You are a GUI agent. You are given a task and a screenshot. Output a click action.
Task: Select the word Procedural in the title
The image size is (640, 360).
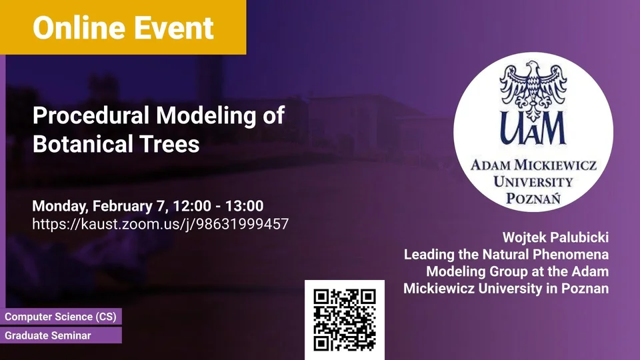click(x=91, y=115)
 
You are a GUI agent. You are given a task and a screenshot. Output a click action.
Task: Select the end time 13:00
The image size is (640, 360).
click(x=244, y=206)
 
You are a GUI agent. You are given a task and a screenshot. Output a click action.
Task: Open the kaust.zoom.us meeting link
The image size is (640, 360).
click(x=161, y=224)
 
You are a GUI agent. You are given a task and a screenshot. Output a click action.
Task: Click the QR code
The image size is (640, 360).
click(x=345, y=320)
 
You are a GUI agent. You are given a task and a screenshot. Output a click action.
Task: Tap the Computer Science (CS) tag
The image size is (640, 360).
click(x=61, y=317)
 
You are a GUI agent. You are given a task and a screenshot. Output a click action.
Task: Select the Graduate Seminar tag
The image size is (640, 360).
click(x=61, y=335)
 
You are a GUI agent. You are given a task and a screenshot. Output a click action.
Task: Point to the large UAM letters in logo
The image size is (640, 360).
click(x=533, y=129)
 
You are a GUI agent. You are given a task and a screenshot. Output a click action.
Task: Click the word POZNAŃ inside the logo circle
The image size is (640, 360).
click(x=533, y=198)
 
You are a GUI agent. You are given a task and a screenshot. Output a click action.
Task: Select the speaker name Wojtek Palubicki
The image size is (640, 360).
click(x=555, y=237)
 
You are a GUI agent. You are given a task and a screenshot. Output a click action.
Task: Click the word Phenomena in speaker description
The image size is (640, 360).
click(x=571, y=254)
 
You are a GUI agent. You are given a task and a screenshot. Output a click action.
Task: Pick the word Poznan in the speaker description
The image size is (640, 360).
click(x=585, y=288)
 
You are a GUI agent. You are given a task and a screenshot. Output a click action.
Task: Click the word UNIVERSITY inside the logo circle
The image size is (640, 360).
click(x=533, y=181)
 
